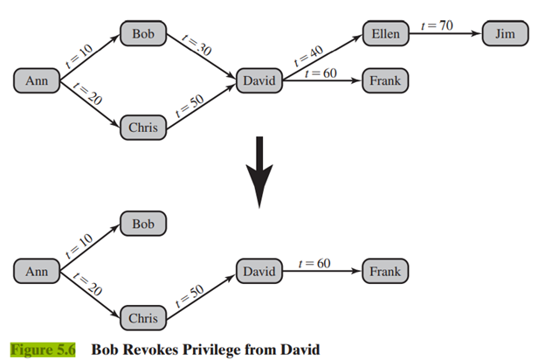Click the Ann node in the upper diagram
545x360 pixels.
(x=37, y=81)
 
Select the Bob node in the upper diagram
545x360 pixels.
(x=143, y=34)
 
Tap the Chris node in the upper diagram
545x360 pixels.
(x=143, y=128)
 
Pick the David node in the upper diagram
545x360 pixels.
(x=259, y=81)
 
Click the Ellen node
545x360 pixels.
(x=384, y=34)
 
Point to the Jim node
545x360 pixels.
(x=505, y=34)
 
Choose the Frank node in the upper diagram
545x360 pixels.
(x=384, y=81)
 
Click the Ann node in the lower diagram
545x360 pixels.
(x=37, y=272)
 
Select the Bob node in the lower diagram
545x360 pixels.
(x=143, y=225)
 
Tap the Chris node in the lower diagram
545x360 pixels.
(x=143, y=318)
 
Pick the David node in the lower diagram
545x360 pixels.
(x=259, y=272)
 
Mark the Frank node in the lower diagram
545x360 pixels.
(x=384, y=272)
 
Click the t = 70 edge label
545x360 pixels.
(x=436, y=25)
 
